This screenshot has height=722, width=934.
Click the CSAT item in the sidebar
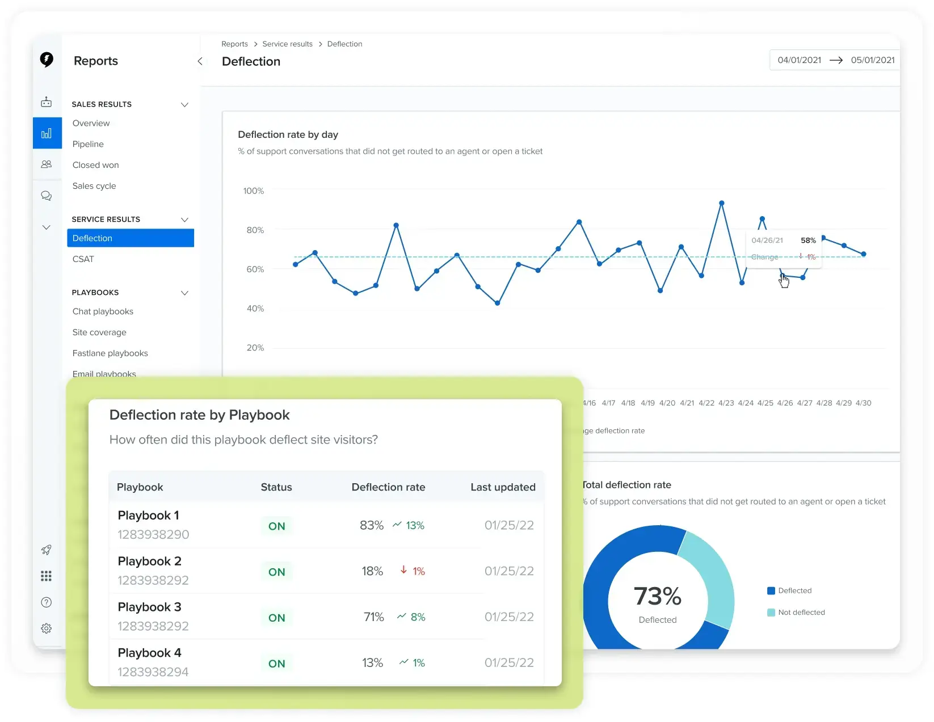[83, 259]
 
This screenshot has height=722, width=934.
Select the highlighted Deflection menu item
[130, 238]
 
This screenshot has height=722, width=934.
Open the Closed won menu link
[95, 165]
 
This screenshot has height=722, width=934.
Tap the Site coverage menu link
[99, 332]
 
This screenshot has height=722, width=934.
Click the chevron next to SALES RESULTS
[184, 104]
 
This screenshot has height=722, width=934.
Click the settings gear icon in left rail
[47, 628]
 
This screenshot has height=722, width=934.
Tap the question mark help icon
[47, 602]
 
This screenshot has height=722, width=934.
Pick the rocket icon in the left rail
[47, 550]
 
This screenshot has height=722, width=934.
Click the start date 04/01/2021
[799, 60]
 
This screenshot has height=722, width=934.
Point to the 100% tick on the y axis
[254, 191]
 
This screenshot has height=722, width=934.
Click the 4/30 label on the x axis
[863, 403]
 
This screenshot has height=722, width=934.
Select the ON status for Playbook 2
[277, 572]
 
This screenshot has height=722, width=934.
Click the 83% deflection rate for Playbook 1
[372, 526]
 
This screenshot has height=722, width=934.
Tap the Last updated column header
[503, 487]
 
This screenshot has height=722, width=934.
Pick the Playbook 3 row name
[150, 607]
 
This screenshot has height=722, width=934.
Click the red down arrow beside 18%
[403, 570]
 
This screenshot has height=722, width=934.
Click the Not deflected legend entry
[801, 613]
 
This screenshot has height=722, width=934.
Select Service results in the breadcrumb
[287, 44]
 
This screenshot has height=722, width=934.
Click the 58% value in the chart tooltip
[808, 240]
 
